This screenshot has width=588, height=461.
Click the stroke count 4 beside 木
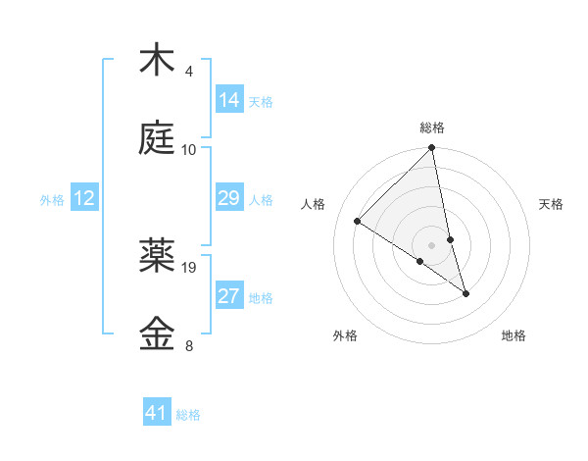pos(189,72)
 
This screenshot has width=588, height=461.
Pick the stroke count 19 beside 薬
pos(190,267)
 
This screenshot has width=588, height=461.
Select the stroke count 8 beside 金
pos(189,345)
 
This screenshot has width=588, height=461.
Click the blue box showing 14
pos(229,100)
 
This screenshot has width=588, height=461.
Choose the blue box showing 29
pos(229,198)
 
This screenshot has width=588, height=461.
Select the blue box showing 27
pos(229,296)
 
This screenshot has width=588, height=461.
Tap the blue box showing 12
pos(84,198)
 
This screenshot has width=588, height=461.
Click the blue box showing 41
pos(157,413)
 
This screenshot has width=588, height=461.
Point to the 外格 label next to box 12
pos(52,200)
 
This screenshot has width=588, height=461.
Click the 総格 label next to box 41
pos(188,415)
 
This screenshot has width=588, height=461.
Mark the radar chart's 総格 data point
pos(432,148)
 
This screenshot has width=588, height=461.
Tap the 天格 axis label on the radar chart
pos(552,204)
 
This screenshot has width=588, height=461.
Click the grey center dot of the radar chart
pos(432,244)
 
